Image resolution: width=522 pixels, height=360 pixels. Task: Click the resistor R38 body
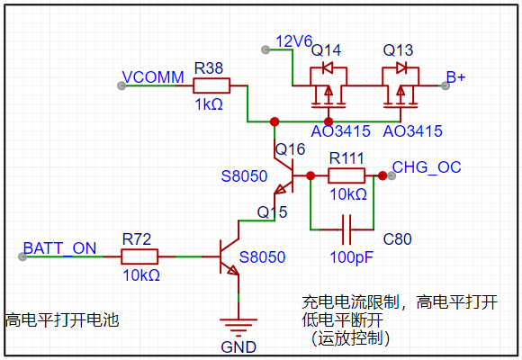211,85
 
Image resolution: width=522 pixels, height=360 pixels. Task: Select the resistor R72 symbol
139,256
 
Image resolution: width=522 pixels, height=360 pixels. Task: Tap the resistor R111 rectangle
346,175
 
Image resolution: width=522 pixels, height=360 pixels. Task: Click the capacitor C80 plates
346,229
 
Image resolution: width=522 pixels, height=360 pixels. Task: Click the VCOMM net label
153,77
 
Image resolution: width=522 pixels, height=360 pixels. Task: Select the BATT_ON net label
60,248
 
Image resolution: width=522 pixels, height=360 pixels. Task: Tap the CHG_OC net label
427,167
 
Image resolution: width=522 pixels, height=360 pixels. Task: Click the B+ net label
455,77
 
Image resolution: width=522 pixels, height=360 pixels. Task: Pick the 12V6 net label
294,41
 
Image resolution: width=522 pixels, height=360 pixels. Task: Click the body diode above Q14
328,68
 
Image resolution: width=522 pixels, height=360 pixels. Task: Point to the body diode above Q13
401,68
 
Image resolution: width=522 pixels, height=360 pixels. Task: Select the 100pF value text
352,257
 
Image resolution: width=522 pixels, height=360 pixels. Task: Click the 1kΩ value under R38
209,104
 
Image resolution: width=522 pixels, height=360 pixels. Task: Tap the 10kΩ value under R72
141,275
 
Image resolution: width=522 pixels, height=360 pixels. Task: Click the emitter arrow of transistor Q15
233,270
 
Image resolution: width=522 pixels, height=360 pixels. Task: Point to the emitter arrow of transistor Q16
280,190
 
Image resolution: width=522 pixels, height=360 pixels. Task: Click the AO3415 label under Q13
413,131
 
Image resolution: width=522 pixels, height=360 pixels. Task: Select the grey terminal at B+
445,85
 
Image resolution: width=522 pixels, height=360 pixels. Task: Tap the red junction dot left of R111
310,175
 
